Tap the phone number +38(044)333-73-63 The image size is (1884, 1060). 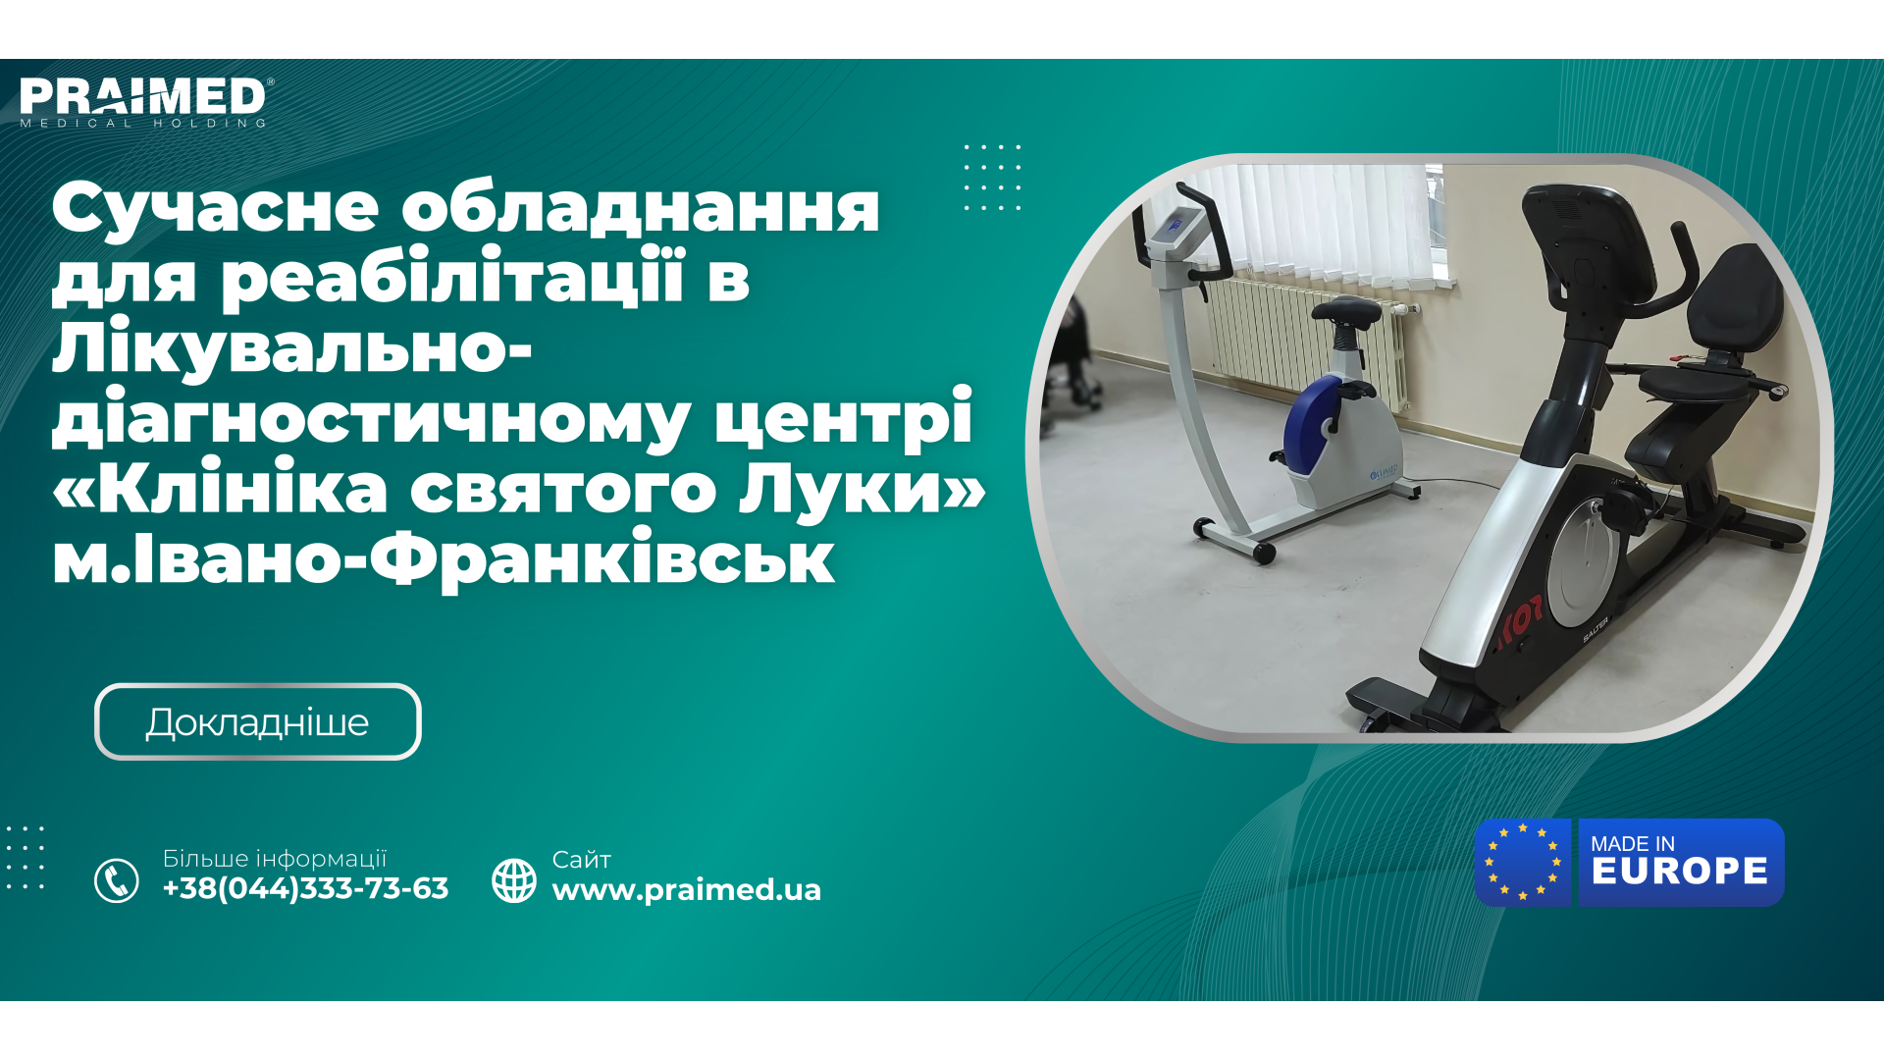tap(305, 888)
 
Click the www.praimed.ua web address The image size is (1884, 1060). tap(686, 890)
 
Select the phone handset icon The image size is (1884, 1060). tap(117, 880)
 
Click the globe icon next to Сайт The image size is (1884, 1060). tap(514, 880)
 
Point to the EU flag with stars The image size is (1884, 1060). tap(1523, 862)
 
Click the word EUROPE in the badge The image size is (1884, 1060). tap(1679, 872)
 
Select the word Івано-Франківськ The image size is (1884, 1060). tap(484, 559)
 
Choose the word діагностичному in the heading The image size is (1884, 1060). tap(371, 418)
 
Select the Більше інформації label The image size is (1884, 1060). tap(275, 859)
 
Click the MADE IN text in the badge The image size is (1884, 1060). tap(1632, 844)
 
